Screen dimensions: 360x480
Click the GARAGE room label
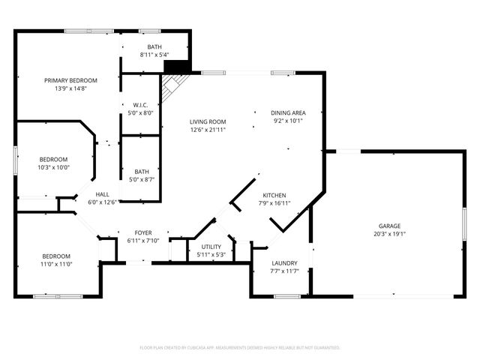click(388, 226)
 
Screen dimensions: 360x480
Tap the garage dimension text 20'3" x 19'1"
click(388, 234)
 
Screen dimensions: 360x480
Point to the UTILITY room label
click(211, 246)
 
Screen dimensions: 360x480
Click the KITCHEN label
click(274, 195)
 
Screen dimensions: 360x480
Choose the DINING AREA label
click(288, 112)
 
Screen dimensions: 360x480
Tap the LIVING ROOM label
click(208, 121)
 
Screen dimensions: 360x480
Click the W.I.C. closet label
click(140, 105)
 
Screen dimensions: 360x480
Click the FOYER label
click(143, 232)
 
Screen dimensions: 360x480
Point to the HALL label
click(103, 194)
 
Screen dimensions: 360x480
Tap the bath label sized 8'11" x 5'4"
click(154, 47)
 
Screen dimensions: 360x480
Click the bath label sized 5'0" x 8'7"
click(141, 172)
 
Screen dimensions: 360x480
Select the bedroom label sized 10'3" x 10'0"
click(54, 159)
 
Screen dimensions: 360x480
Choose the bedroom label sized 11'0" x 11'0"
click(56, 256)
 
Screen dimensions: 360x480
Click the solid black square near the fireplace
click(177, 67)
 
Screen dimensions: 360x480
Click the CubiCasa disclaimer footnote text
click(240, 348)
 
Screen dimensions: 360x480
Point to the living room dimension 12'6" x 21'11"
click(208, 130)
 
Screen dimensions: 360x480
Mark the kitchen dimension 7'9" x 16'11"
click(274, 203)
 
